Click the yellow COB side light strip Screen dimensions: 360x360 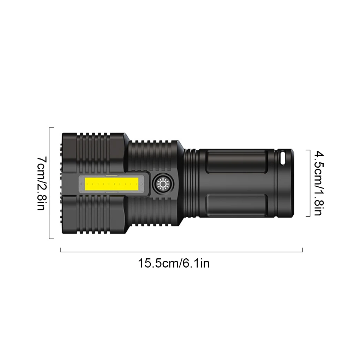click(x=112, y=184)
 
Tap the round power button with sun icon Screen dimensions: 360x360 click(x=163, y=184)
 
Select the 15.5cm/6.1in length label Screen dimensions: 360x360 click(x=174, y=263)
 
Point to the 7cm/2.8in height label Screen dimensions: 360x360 click(x=42, y=184)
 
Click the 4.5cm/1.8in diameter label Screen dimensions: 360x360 click(x=319, y=183)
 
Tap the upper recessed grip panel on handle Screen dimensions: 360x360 click(x=237, y=162)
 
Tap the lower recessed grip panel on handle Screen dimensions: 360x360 click(x=237, y=205)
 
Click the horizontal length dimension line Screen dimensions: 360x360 click(x=181, y=252)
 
